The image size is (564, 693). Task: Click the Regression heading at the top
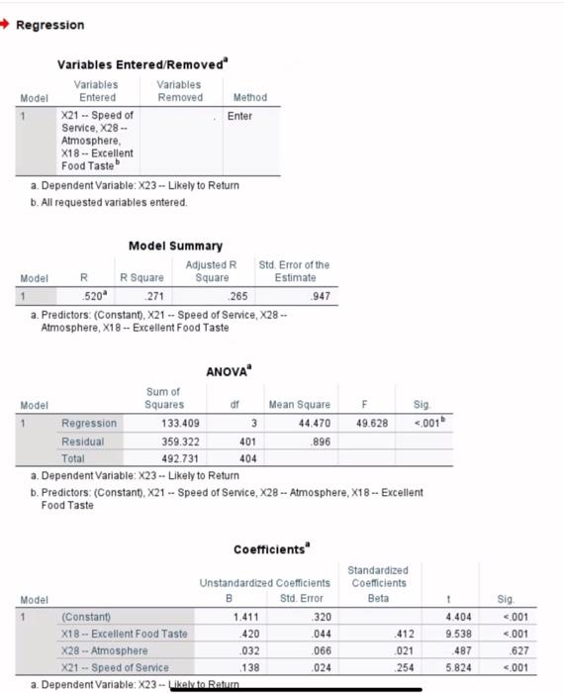49,25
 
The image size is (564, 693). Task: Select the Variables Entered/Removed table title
142,64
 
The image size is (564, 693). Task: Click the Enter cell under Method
239,116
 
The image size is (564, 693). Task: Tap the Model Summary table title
176,246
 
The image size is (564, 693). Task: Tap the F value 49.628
365,423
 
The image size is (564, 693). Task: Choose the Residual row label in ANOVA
82,441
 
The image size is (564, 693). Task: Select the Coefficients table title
271,549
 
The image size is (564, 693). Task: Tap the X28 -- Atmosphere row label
104,650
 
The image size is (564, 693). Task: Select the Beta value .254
399,668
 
